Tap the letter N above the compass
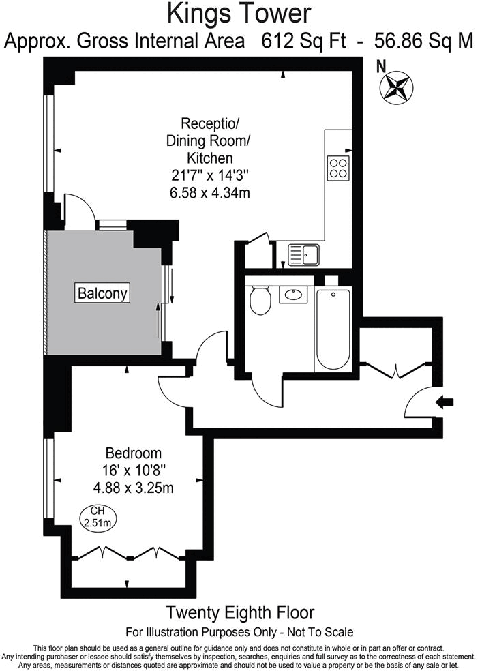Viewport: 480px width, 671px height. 382,66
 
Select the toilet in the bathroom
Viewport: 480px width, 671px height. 260,300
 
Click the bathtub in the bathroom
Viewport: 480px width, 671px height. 333,329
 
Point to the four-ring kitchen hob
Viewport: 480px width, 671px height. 338,167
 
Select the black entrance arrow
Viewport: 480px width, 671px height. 445,402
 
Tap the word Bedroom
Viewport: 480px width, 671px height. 133,453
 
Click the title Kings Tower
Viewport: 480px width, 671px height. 240,14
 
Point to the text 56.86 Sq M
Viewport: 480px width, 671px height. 423,41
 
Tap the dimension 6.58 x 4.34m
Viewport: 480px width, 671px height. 209,192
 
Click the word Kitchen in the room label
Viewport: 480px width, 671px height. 209,158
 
